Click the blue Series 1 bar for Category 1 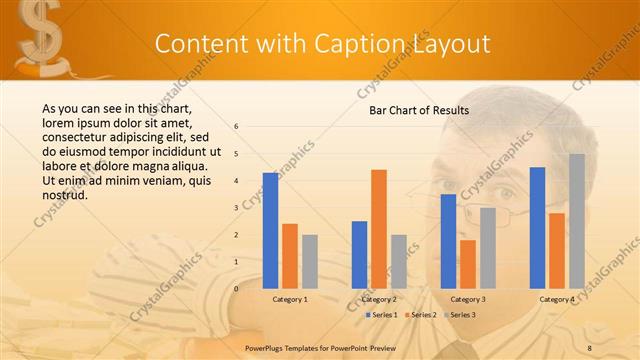pyautogui.click(x=270, y=230)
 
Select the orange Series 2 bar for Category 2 pyautogui.click(x=379, y=228)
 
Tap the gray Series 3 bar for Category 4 pyautogui.click(x=577, y=221)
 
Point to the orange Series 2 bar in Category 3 pyautogui.click(x=468, y=263)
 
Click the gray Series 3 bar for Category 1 pyautogui.click(x=310, y=261)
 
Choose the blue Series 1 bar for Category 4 pyautogui.click(x=537, y=227)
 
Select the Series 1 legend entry pyautogui.click(x=382, y=315)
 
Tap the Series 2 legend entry pyautogui.click(x=421, y=315)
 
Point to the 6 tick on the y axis pyautogui.click(x=236, y=127)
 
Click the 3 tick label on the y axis pyautogui.click(x=236, y=208)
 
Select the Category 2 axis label pyautogui.click(x=379, y=299)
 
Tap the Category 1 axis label pyautogui.click(x=290, y=299)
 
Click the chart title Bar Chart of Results pyautogui.click(x=412, y=110)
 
